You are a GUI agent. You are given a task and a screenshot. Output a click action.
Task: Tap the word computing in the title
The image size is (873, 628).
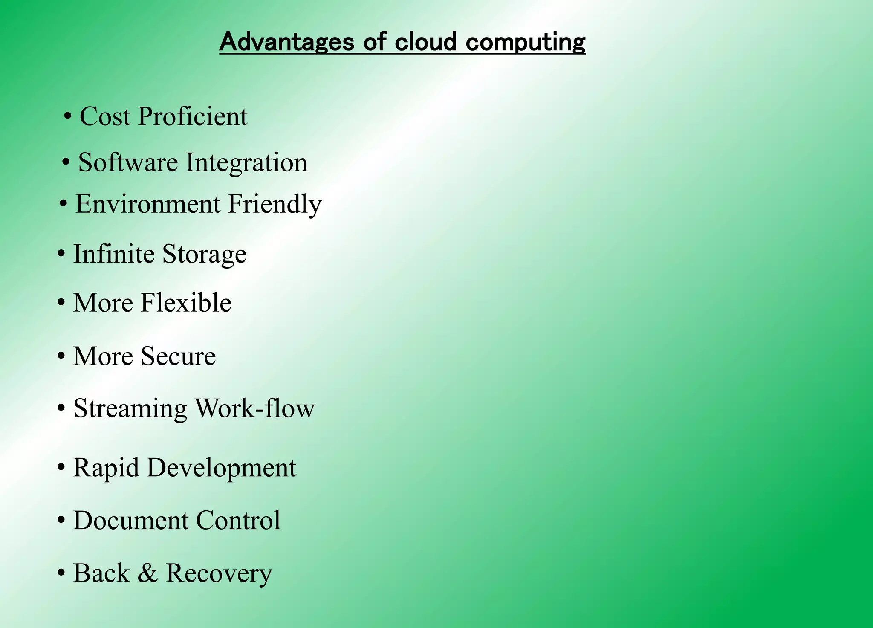(x=525, y=43)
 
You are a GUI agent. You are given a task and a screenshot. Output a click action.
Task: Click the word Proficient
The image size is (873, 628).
(x=192, y=116)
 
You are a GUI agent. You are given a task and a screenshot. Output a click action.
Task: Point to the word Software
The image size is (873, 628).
(x=128, y=162)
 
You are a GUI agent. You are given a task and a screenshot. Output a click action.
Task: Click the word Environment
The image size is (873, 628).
(x=148, y=204)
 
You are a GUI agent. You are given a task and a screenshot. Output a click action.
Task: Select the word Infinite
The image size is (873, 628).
(x=114, y=254)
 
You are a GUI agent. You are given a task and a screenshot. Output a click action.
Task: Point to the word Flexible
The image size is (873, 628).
(x=186, y=303)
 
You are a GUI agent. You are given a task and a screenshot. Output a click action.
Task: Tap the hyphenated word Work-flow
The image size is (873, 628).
(x=254, y=408)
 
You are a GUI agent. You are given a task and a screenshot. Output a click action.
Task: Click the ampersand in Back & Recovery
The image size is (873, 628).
(x=147, y=573)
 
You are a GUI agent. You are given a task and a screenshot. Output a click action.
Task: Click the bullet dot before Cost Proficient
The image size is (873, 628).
(x=67, y=116)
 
